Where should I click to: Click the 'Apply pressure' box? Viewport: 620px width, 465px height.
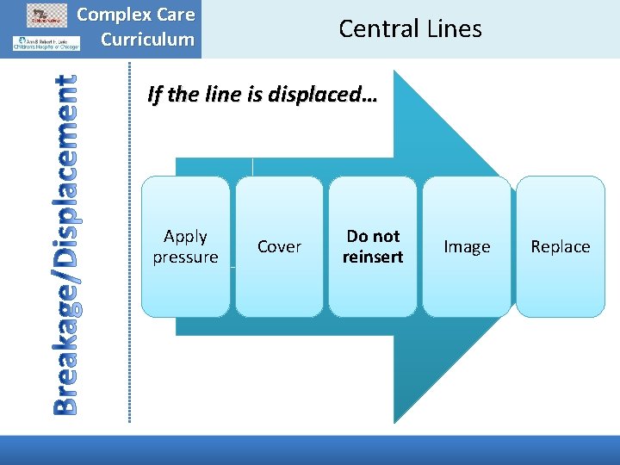[185, 246]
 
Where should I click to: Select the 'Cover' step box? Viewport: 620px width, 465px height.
[279, 246]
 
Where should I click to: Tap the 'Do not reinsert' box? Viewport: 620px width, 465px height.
[373, 246]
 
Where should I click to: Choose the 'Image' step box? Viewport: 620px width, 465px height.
[467, 246]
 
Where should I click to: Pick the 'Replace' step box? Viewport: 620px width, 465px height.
[560, 246]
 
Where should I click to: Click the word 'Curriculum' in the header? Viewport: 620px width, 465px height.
[147, 39]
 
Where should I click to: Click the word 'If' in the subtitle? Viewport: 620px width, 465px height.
[154, 94]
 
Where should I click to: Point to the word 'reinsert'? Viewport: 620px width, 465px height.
[373, 257]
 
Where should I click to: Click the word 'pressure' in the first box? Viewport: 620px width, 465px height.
[185, 257]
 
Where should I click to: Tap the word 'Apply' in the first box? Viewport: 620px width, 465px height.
[185, 236]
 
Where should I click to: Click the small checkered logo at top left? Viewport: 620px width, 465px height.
[48, 15]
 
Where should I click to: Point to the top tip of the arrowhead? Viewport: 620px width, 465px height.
[395, 62]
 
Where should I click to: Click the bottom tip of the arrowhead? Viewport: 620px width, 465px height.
[395, 422]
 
